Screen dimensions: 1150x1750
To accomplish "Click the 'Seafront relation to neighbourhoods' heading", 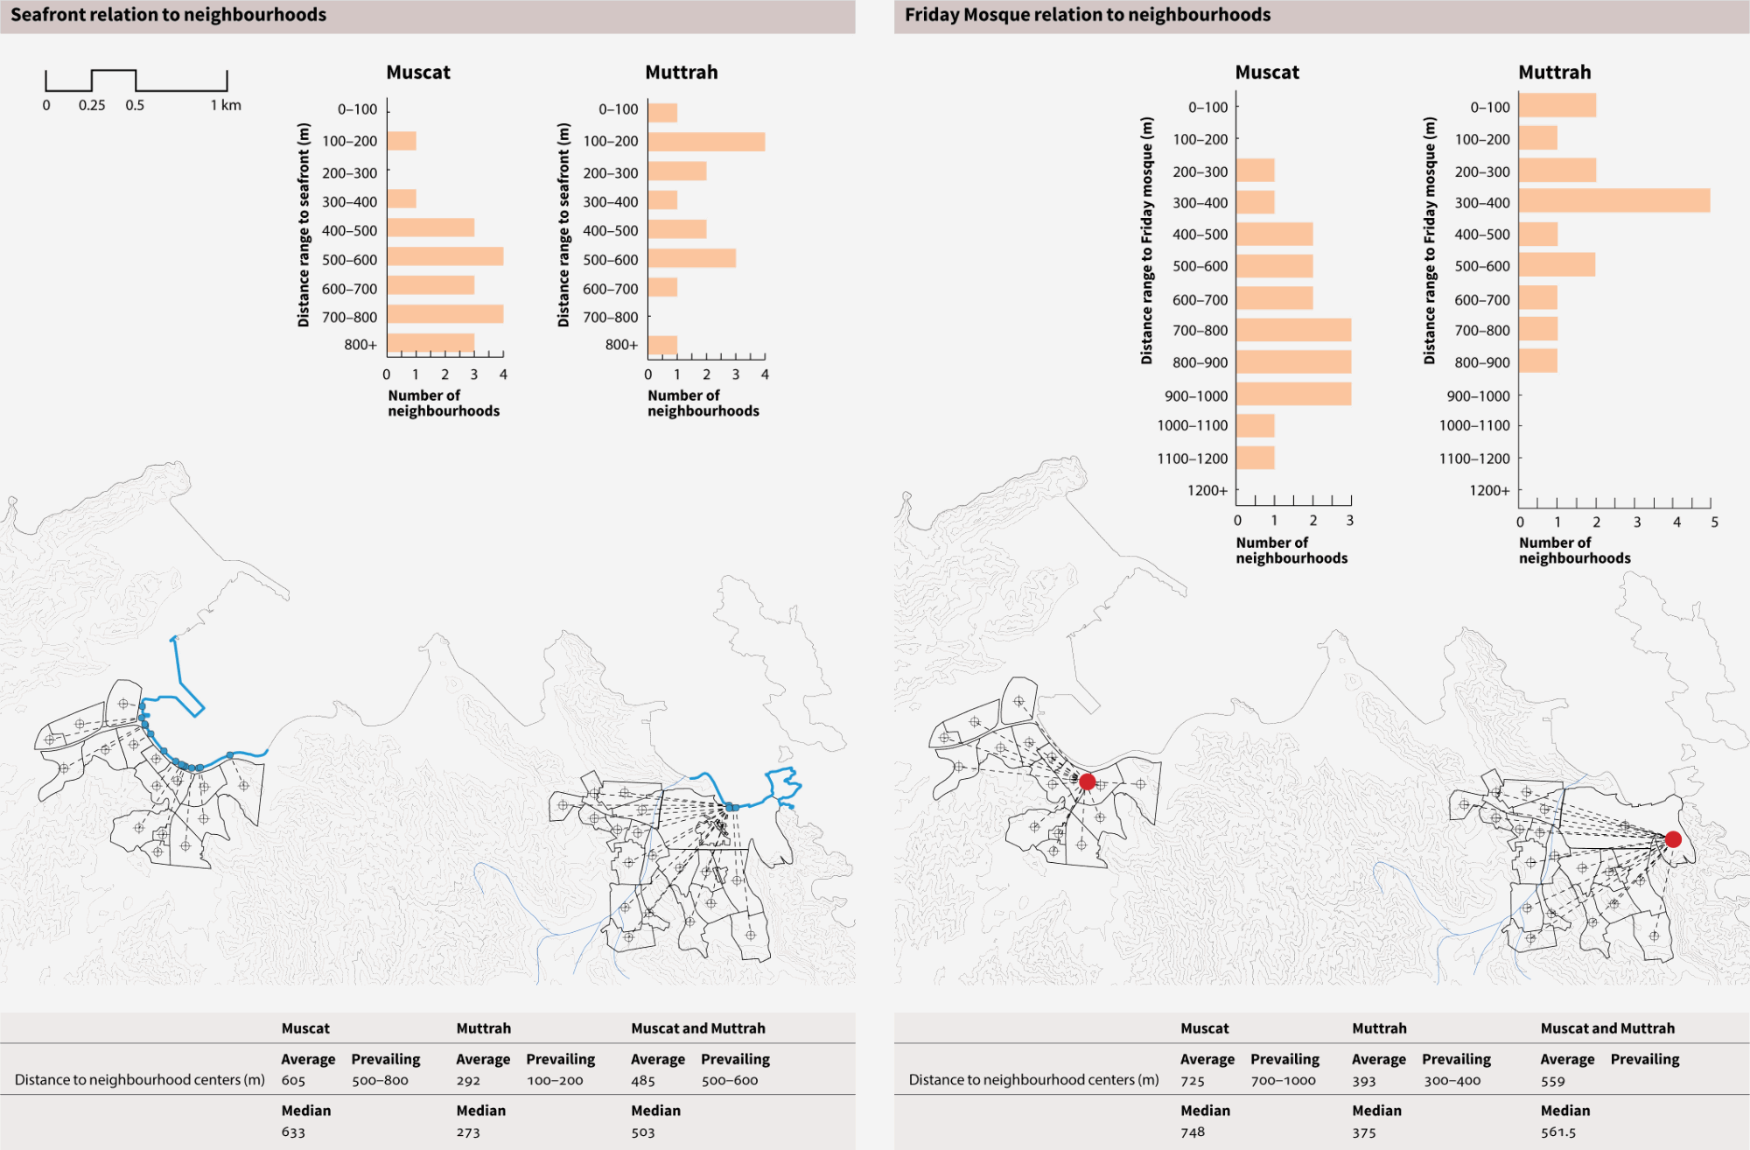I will (168, 15).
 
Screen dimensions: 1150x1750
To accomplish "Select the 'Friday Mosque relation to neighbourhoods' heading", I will (1087, 15).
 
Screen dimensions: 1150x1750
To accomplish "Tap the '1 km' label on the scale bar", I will (226, 105).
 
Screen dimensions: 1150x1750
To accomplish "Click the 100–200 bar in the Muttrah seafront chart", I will (706, 142).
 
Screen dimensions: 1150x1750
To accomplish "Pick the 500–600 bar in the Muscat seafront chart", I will (444, 256).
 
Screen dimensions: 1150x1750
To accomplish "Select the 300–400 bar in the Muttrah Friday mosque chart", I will (1613, 200).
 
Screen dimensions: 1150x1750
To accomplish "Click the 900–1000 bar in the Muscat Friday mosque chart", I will (1293, 394).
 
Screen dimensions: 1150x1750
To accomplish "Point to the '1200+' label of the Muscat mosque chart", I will (1207, 490).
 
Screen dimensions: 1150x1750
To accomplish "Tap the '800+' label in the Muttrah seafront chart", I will (621, 345).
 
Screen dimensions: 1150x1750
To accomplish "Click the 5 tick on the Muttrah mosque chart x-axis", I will (1714, 522).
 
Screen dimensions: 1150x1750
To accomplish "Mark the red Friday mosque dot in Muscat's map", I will (1087, 782).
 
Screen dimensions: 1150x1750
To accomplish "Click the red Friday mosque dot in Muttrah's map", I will (1673, 839).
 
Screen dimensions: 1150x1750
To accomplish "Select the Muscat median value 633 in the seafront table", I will (293, 1132).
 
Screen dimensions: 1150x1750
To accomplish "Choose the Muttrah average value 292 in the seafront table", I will (468, 1081).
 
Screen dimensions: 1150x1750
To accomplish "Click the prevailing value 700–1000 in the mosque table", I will (1283, 1081).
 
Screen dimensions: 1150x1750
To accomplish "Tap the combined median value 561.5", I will (1557, 1132).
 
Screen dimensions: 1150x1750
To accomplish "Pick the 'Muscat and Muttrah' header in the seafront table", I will (697, 1028).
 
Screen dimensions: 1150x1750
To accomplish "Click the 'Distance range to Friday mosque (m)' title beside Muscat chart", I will (1146, 241).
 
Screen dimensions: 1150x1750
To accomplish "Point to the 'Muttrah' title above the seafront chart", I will (681, 73).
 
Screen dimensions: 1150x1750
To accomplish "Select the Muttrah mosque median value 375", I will (1363, 1132).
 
